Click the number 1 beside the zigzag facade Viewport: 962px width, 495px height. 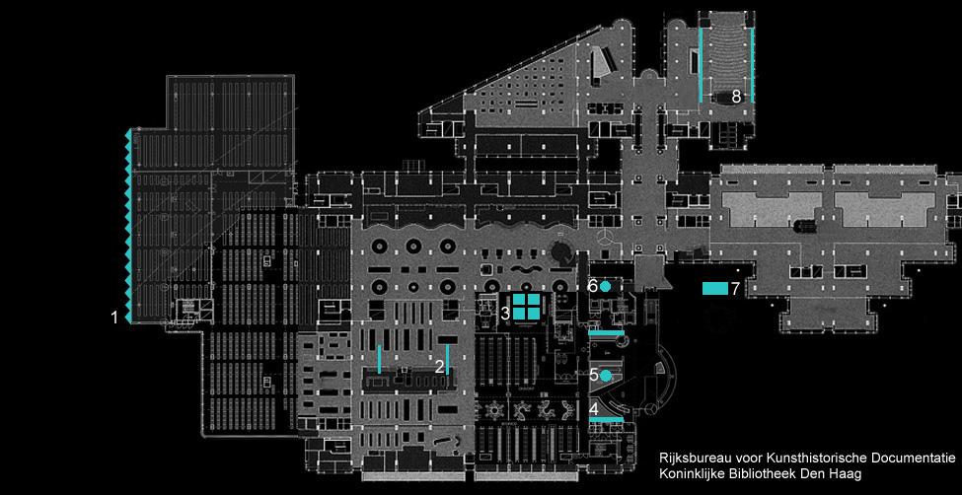click(115, 318)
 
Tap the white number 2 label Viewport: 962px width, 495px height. click(439, 366)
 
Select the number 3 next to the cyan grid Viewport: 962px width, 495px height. click(504, 313)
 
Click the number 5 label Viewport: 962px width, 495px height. click(594, 376)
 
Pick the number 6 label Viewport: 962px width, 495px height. click(592, 286)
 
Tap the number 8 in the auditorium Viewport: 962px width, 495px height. click(735, 97)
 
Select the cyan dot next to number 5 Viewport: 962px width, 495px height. click(606, 375)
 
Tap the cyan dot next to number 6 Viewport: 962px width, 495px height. click(605, 286)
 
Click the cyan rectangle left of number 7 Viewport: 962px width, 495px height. click(713, 288)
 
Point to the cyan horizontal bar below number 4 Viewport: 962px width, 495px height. click(605, 420)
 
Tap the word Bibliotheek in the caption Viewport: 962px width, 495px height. click(767, 475)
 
